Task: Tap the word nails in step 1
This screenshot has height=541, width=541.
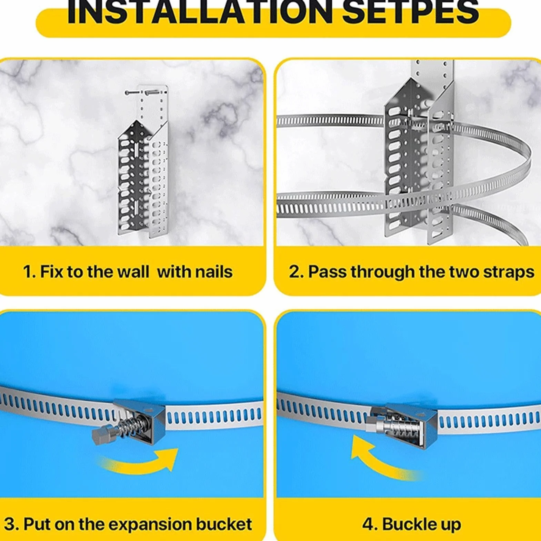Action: point(214,272)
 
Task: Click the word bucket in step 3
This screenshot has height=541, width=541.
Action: point(224,524)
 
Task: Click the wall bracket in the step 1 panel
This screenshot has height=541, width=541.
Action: point(143,160)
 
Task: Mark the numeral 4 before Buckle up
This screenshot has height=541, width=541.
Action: point(368,524)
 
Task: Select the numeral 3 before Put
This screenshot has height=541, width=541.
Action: point(10,524)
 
